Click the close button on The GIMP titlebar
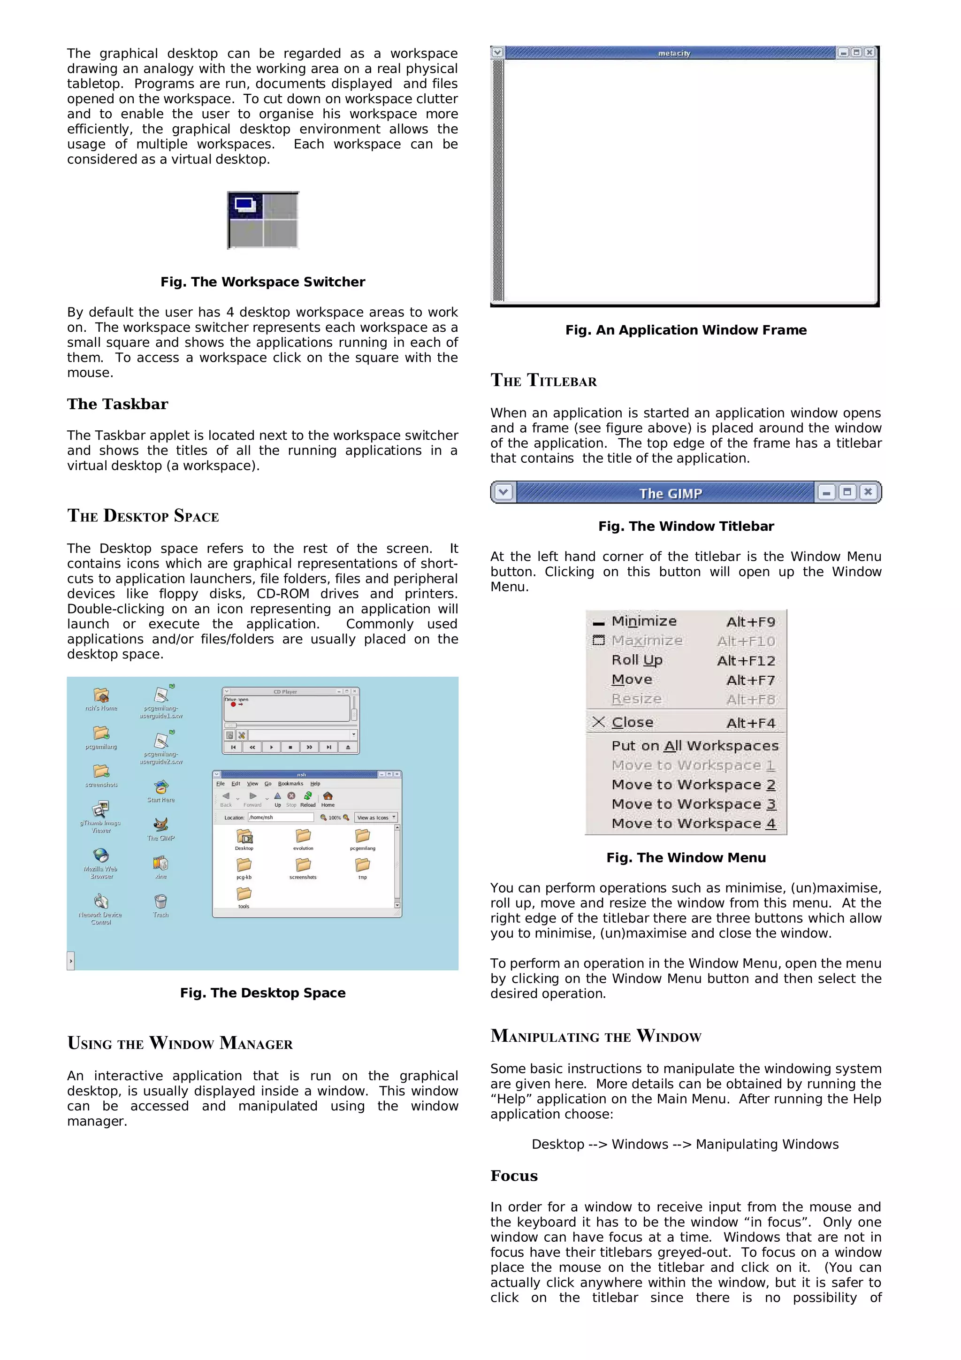(868, 492)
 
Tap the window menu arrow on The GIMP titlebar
(503, 492)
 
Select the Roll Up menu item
(637, 660)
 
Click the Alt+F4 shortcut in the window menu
(750, 723)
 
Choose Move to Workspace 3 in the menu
(694, 804)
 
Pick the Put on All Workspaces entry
(694, 746)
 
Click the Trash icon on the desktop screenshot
(160, 904)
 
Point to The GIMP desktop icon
(160, 827)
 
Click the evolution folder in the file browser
(303, 838)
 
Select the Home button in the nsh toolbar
(328, 798)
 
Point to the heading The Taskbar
(117, 404)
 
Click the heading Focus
(513, 1176)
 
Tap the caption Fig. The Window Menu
(686, 858)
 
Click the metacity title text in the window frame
(674, 53)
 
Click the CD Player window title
(285, 691)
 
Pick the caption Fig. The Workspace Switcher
(262, 282)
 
